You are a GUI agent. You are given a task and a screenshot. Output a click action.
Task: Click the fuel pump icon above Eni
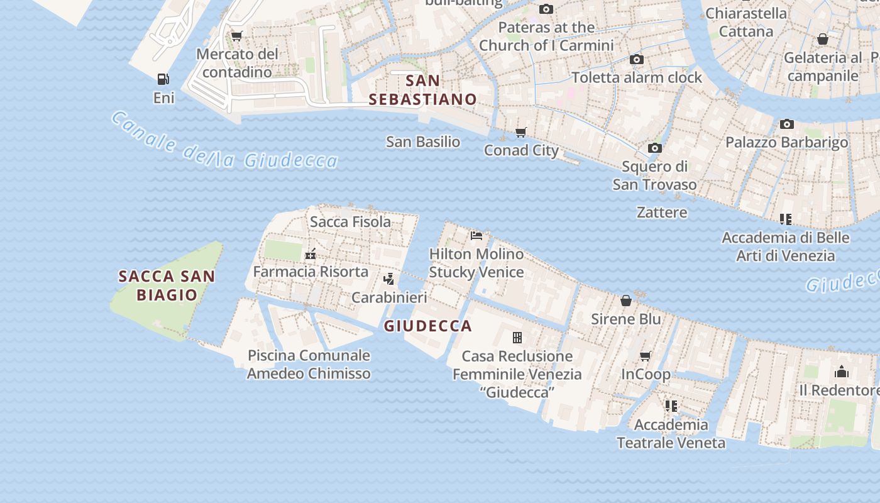pyautogui.click(x=163, y=79)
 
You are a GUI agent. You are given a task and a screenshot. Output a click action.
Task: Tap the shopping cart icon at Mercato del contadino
pyautogui.click(x=236, y=36)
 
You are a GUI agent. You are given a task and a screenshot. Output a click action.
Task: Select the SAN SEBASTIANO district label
pyautogui.click(x=422, y=90)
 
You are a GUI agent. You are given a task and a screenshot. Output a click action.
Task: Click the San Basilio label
pyautogui.click(x=423, y=141)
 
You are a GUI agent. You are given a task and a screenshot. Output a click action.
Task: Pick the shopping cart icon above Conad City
pyautogui.click(x=520, y=132)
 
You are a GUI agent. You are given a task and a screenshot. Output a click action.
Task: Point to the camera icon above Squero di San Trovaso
pyautogui.click(x=655, y=148)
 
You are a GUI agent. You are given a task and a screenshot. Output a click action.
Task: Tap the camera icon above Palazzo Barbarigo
pyautogui.click(x=786, y=124)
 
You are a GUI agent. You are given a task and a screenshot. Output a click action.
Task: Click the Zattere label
pyautogui.click(x=662, y=212)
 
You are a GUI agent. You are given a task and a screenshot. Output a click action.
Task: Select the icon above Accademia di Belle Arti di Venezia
pyautogui.click(x=785, y=219)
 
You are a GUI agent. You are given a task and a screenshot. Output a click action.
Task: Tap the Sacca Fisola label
pyautogui.click(x=350, y=221)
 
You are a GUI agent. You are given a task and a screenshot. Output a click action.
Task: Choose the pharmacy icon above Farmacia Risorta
pyautogui.click(x=310, y=254)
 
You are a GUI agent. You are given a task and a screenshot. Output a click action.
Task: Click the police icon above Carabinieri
pyautogui.click(x=389, y=279)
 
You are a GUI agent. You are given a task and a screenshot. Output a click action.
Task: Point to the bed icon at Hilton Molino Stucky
pyautogui.click(x=476, y=236)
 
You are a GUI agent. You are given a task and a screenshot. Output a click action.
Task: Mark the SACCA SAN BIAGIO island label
pyautogui.click(x=167, y=285)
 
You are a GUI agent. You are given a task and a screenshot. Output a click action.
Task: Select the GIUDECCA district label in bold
pyautogui.click(x=427, y=326)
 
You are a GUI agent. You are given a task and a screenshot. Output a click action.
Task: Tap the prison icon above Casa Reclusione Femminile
pyautogui.click(x=517, y=338)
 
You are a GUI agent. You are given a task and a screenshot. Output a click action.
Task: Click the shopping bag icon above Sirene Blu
pyautogui.click(x=625, y=301)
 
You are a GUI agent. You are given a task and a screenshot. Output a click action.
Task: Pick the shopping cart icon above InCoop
pyautogui.click(x=645, y=357)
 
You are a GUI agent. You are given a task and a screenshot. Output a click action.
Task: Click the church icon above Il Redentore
pyautogui.click(x=842, y=372)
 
